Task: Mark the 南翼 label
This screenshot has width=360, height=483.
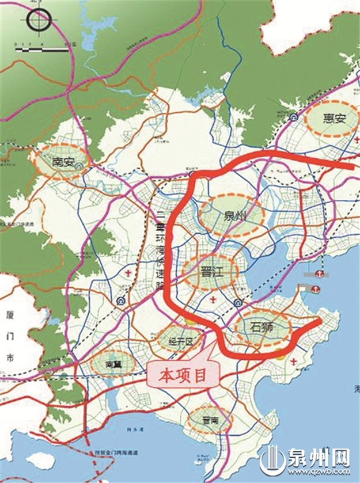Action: coord(112,364)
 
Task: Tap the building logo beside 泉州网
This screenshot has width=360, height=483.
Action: coord(278,461)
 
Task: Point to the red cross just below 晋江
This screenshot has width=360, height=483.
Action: coord(213,299)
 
